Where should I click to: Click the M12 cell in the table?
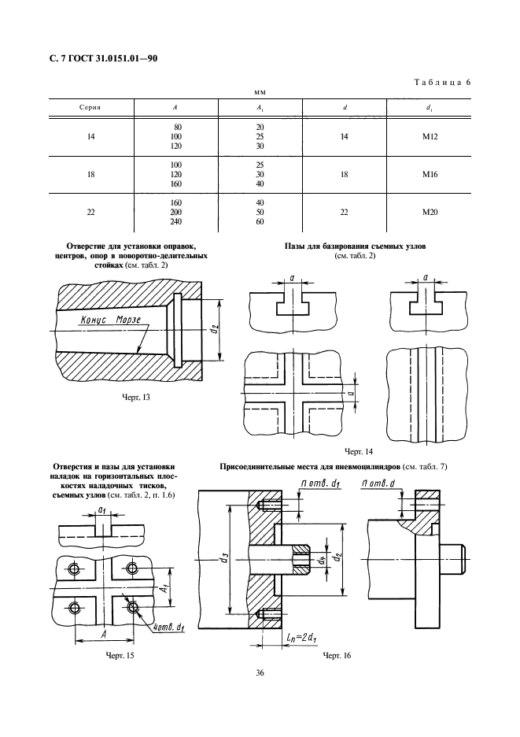tap(430, 137)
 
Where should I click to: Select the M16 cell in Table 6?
tap(430, 174)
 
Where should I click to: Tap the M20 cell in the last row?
tap(430, 212)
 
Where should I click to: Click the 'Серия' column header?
tap(90, 108)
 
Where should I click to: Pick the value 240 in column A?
tap(175, 221)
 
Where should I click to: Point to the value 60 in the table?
tap(260, 221)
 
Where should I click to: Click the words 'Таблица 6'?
tap(442, 82)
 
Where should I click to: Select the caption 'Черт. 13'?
tap(136, 397)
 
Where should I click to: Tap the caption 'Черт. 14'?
tap(359, 451)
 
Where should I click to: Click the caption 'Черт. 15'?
tap(120, 655)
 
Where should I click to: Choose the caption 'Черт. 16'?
tap(337, 655)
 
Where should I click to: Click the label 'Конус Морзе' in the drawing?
tap(110, 320)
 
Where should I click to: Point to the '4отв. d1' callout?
tap(169, 627)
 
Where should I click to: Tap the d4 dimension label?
tap(321, 560)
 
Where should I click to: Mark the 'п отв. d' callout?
tap(378, 483)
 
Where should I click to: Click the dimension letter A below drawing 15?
tap(105, 634)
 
